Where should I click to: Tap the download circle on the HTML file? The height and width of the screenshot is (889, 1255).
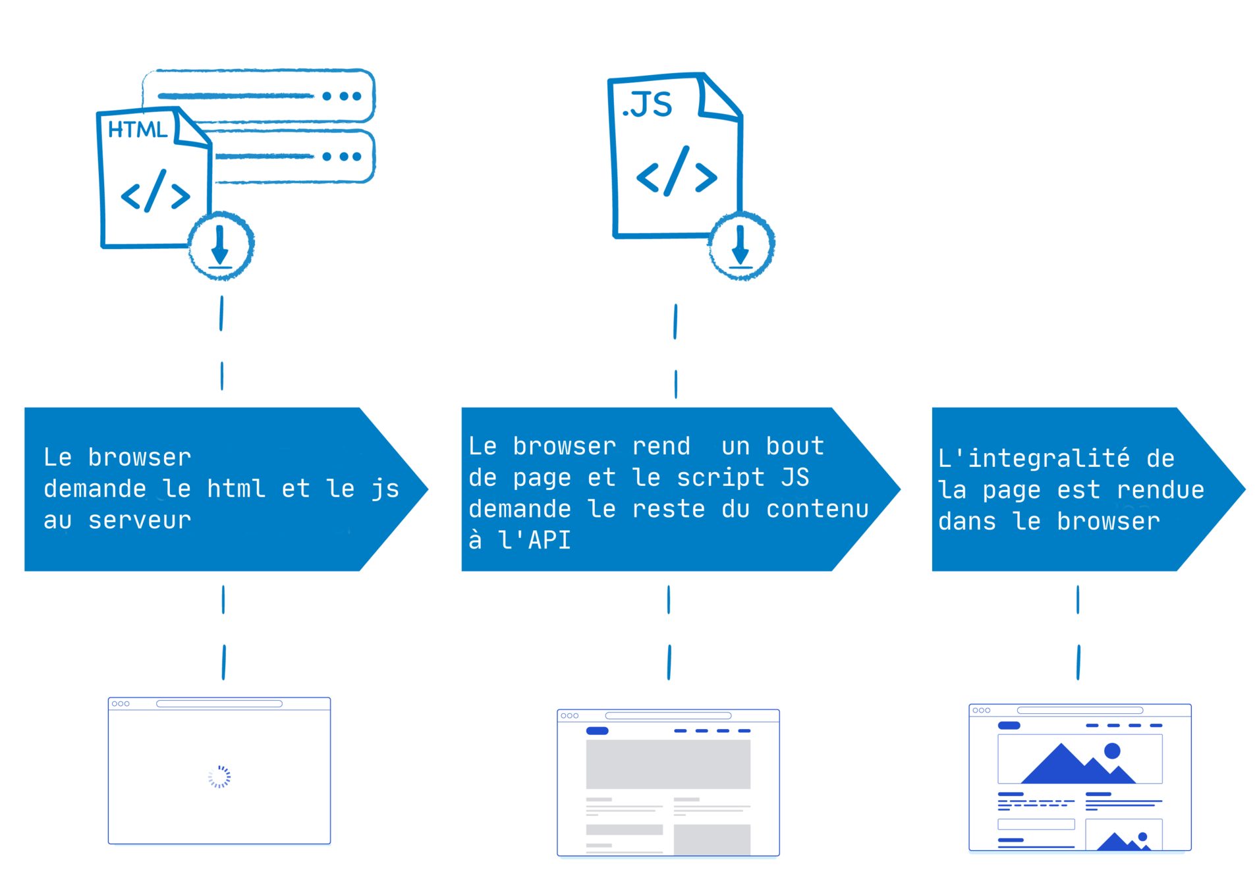coord(221,246)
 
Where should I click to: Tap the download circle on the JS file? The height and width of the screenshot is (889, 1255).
coord(741,246)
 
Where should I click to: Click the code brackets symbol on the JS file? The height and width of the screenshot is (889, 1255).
coord(677,173)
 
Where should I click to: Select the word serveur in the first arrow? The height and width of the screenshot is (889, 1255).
coord(140,520)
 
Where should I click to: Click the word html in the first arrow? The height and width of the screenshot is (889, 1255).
coord(236,489)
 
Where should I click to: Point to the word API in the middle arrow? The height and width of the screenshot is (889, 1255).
coord(549,540)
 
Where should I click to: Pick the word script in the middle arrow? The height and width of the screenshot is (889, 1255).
coord(721,477)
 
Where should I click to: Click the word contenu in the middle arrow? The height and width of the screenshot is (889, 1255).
coord(817,509)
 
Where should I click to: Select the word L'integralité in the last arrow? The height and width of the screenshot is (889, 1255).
coord(1033,458)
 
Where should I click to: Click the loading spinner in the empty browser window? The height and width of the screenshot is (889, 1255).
coord(219,776)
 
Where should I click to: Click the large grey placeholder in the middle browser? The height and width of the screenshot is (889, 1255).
coord(667,764)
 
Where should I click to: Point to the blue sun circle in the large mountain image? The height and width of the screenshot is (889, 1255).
coord(1112,751)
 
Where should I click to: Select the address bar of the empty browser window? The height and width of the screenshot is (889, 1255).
coord(219,704)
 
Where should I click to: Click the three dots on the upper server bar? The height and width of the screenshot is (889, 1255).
coord(342,96)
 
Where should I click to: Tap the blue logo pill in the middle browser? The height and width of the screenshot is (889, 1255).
coord(597,730)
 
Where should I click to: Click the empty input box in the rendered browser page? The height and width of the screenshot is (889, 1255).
coord(1036,824)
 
